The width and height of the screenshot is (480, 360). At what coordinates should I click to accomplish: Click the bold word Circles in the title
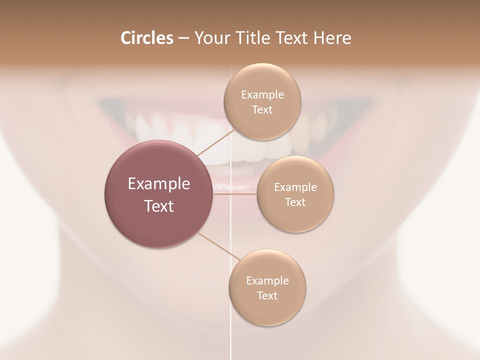click(x=146, y=38)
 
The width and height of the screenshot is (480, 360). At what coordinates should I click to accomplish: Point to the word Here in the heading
click(x=332, y=38)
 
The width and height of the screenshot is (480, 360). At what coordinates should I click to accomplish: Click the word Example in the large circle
click(x=158, y=184)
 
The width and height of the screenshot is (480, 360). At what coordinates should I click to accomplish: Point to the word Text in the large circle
click(x=158, y=206)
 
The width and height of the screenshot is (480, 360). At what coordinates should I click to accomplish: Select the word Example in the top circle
click(x=262, y=95)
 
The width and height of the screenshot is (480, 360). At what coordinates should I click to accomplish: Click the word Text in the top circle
click(x=262, y=110)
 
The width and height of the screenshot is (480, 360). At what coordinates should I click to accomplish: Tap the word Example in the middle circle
click(x=295, y=187)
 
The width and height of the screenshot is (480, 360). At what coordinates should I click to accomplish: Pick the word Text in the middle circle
click(x=295, y=202)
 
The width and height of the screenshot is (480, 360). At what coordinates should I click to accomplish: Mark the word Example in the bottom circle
click(x=267, y=281)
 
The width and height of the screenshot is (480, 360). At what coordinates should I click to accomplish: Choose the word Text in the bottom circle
click(x=267, y=296)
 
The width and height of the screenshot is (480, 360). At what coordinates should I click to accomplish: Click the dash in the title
click(x=183, y=38)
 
